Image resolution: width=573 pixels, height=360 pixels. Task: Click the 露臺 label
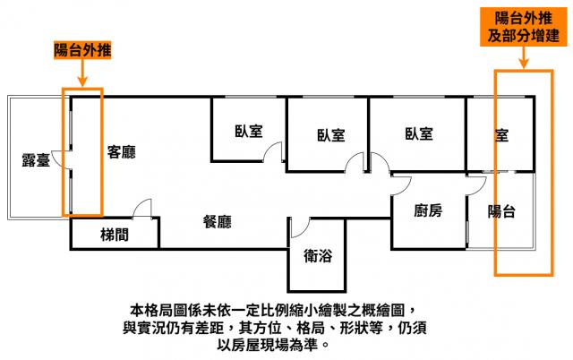point(36,160)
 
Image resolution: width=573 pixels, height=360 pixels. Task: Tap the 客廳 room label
point(122,152)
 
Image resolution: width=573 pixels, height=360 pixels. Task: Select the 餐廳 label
point(217,222)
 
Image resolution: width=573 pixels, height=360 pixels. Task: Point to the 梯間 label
point(115,235)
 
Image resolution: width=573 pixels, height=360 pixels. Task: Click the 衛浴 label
point(318,255)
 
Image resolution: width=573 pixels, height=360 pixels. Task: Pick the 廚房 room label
point(428,210)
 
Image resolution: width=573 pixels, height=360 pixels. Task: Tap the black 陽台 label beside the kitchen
point(501,211)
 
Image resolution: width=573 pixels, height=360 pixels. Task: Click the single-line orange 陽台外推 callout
point(82,50)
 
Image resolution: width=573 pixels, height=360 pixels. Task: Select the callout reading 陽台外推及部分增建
point(523,27)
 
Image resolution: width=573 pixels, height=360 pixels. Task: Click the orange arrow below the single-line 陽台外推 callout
point(82,73)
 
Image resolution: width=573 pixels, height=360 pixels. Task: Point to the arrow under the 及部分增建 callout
point(524,57)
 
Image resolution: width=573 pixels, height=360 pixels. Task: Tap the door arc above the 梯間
point(141,208)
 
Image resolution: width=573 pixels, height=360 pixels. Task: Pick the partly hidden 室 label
point(501,135)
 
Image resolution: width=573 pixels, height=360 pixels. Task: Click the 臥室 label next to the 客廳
point(249,132)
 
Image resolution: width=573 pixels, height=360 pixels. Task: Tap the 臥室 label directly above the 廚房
point(419,133)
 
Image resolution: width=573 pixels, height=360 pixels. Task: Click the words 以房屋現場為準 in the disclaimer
point(268,345)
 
